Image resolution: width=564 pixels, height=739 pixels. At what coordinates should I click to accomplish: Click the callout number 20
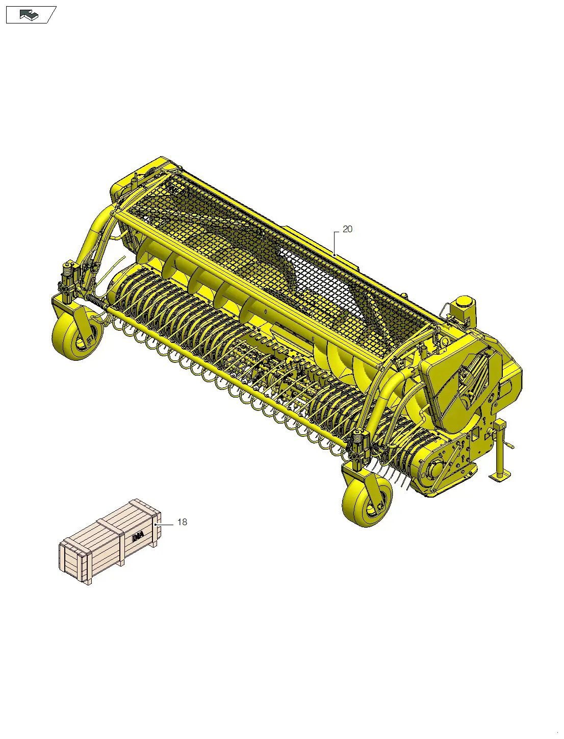(347, 230)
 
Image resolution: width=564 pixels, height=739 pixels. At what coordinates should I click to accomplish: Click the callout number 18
(182, 522)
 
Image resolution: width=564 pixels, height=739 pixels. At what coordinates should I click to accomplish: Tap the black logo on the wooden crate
(137, 537)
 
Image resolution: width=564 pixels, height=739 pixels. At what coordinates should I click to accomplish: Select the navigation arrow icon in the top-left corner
(30, 15)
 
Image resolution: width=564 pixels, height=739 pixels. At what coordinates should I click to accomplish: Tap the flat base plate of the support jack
(500, 478)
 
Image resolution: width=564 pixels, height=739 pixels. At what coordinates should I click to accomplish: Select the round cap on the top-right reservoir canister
(464, 301)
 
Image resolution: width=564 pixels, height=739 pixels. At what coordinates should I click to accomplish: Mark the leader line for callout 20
(335, 242)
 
